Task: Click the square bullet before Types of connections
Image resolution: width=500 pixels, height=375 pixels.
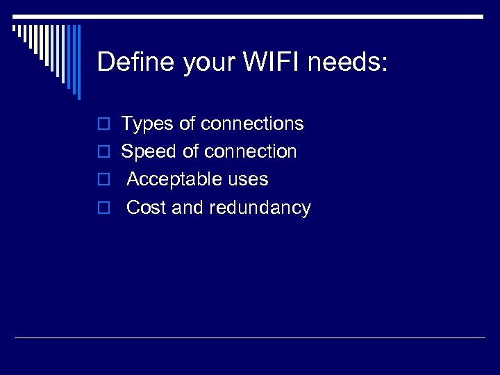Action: [103, 124]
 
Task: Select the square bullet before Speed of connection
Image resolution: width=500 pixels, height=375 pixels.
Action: [103, 152]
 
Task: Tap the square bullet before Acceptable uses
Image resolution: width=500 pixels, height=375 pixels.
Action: [103, 180]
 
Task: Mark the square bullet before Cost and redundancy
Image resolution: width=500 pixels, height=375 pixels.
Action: [103, 208]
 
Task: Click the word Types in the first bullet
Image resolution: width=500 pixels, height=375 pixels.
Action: [148, 124]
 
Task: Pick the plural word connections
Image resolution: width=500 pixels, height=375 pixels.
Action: [252, 124]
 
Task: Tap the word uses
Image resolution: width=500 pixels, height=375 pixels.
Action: [249, 180]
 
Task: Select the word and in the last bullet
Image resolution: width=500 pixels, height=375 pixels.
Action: [187, 208]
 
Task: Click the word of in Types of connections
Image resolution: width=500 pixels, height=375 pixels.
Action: [187, 124]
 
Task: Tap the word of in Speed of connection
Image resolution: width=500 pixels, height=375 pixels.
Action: [190, 151]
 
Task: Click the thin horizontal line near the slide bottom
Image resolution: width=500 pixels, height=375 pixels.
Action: [250, 337]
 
